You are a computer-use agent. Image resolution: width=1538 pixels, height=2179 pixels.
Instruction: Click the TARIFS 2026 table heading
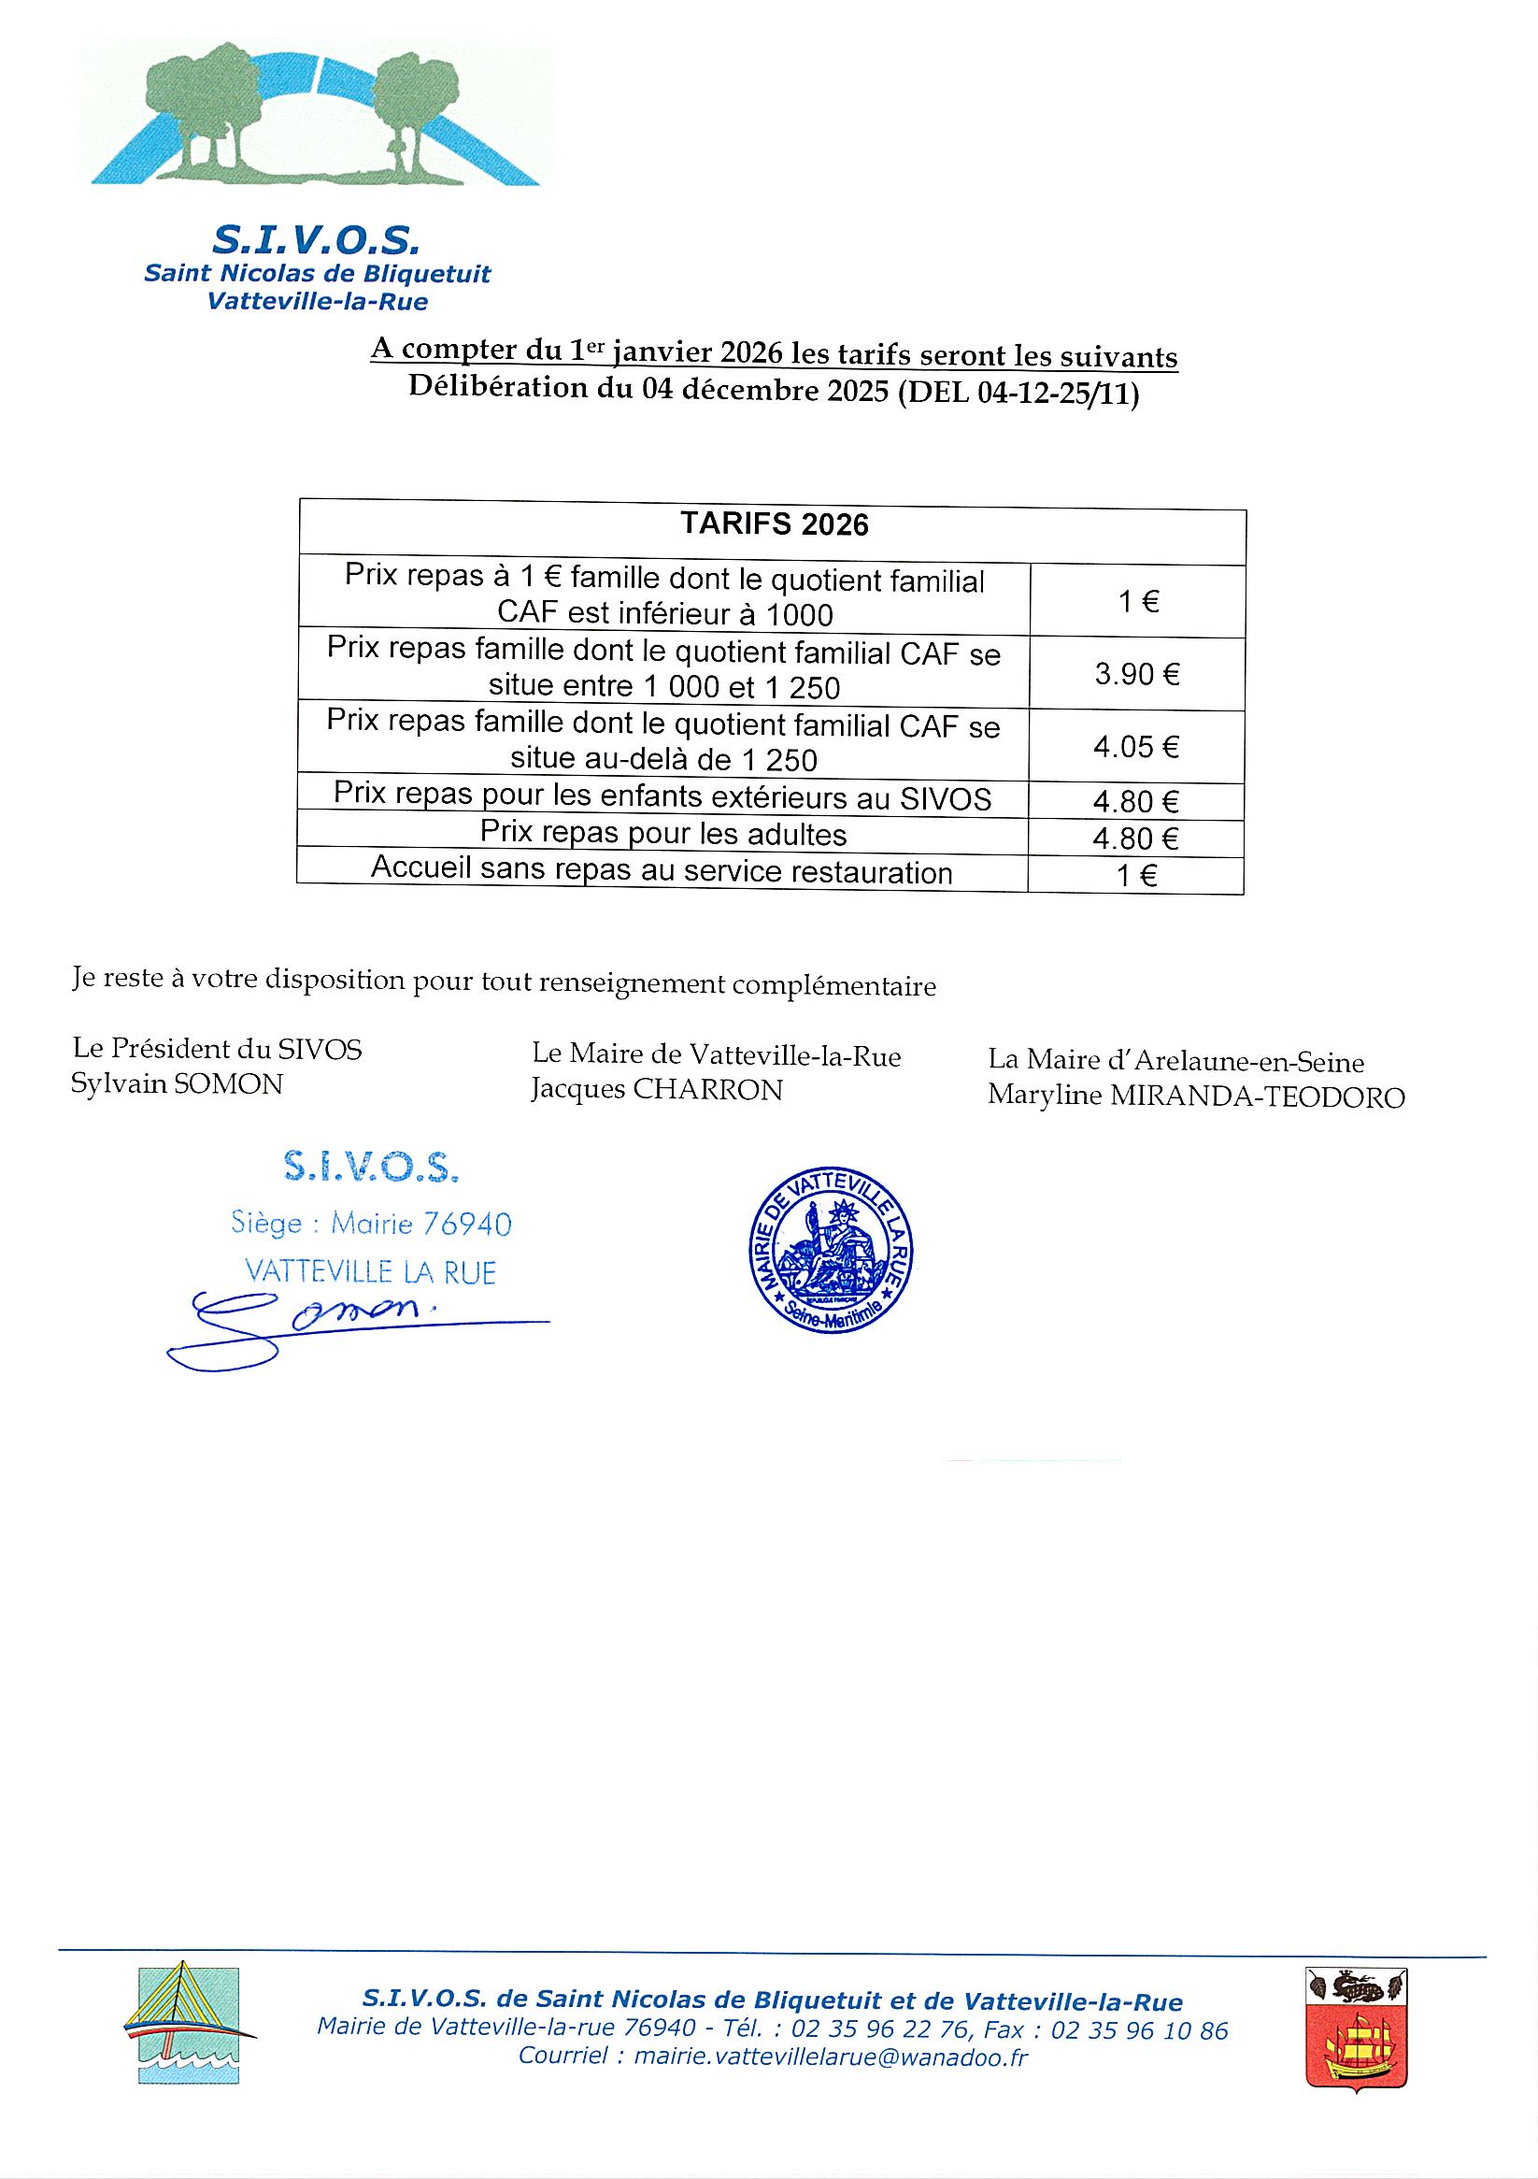[775, 524]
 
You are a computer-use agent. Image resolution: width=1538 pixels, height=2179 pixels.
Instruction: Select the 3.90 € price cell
[1136, 675]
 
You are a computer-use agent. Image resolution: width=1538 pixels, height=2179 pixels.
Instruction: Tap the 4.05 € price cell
[1135, 747]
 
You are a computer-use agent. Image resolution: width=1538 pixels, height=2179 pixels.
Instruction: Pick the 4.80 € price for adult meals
[1135, 838]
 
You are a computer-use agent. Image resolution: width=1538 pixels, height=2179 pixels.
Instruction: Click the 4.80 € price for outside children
[1135, 802]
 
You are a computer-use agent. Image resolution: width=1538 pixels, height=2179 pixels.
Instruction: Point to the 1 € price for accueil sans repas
[1135, 875]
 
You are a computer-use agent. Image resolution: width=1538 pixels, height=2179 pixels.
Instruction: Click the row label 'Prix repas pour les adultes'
[662, 833]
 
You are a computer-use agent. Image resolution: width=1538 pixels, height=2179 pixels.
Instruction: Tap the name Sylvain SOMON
[177, 1083]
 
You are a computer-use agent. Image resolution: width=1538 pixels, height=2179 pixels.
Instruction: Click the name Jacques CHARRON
[657, 1091]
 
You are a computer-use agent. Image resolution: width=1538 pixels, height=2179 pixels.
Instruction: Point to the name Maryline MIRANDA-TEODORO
[1195, 1097]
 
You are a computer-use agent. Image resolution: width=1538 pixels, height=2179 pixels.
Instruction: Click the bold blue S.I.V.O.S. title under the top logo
[315, 241]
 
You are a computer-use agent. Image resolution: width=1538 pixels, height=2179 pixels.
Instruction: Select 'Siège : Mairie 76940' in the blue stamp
[371, 1224]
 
